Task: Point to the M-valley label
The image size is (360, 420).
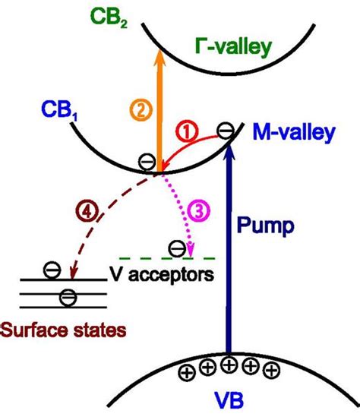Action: coord(292,135)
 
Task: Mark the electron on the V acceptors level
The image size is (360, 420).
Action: coord(175,248)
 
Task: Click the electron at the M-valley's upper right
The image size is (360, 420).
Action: coord(226,131)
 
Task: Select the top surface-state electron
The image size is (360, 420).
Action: coord(51,270)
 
